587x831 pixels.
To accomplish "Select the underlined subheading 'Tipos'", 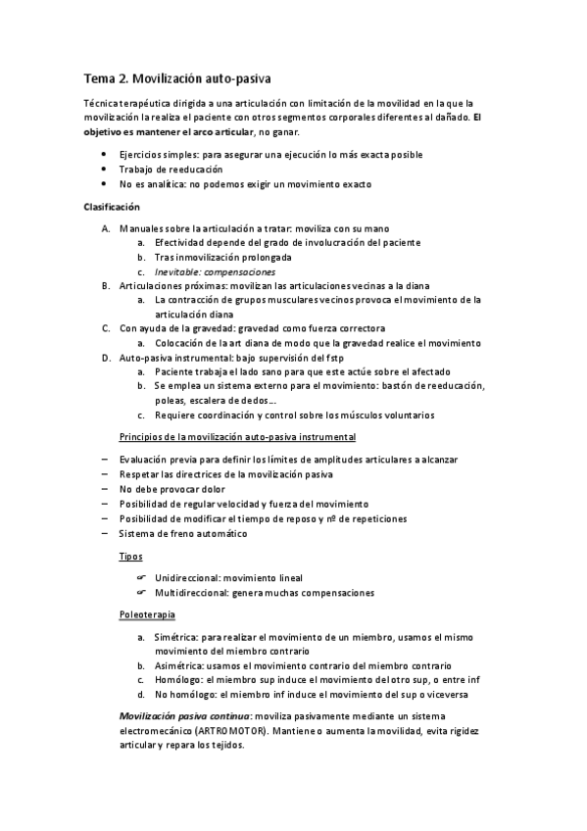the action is click(x=130, y=556).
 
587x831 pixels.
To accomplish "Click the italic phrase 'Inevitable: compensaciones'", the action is click(x=215, y=271).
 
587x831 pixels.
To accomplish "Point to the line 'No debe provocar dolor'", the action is click(x=171, y=489).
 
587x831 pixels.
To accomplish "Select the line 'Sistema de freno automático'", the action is click(x=183, y=533).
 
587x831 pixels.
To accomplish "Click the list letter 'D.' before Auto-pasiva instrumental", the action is click(x=106, y=358).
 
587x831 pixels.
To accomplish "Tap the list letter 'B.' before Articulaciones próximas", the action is click(x=106, y=285).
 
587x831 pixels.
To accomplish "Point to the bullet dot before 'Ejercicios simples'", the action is click(x=105, y=155).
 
